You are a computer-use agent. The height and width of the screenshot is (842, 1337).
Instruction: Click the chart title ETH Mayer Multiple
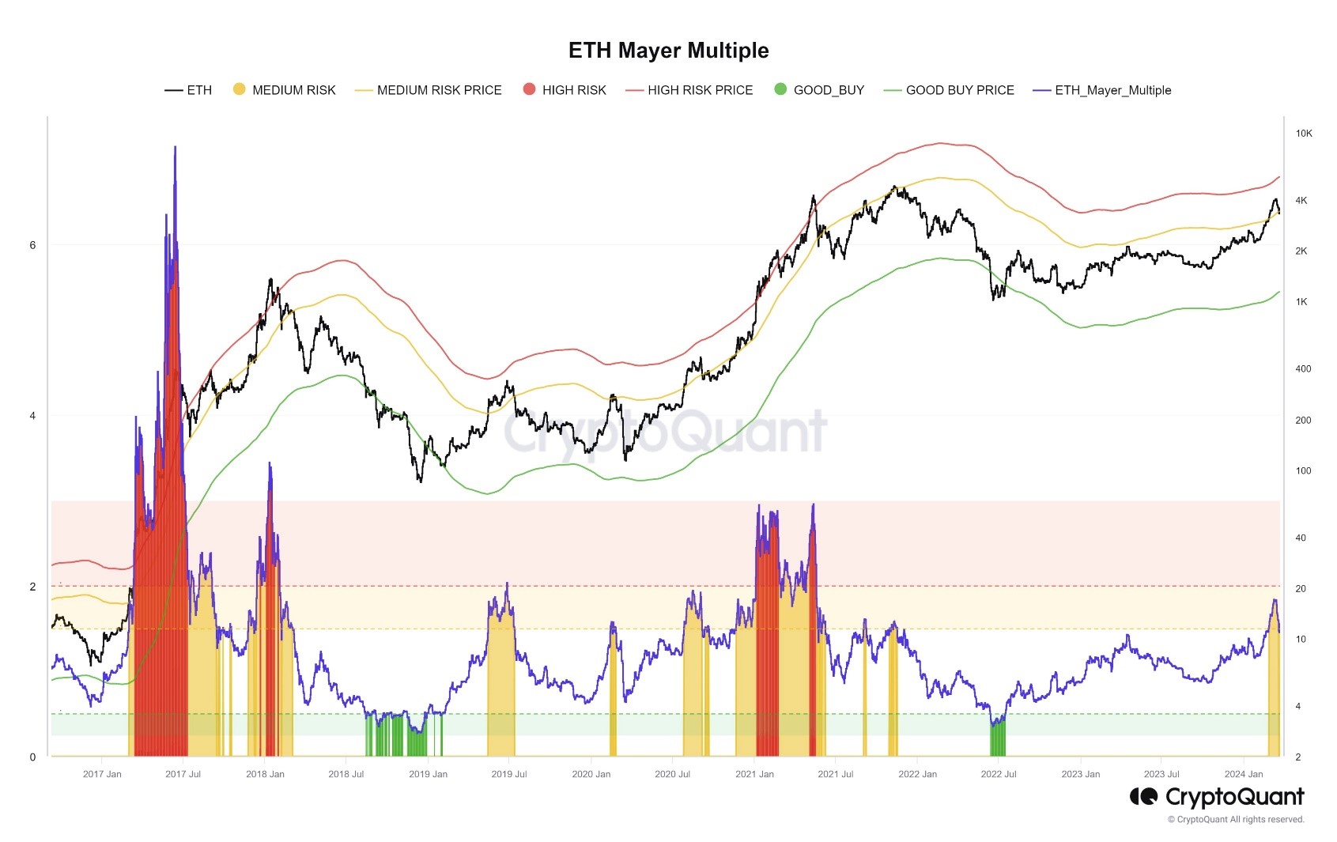pos(668,51)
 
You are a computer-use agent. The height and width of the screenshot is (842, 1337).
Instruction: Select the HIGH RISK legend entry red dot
pos(529,89)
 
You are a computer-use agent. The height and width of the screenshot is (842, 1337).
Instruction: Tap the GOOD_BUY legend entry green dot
pos(780,89)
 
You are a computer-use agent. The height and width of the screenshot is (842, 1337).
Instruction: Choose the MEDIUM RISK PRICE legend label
pos(439,90)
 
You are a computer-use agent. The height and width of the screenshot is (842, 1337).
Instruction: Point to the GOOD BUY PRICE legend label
pos(960,90)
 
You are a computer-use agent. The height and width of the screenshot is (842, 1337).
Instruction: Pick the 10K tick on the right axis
pos(1303,134)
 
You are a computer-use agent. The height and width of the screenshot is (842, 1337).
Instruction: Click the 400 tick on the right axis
pos(1302,368)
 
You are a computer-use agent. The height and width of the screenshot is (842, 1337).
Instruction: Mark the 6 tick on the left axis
pos(32,245)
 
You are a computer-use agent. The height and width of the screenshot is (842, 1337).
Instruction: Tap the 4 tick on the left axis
pos(32,416)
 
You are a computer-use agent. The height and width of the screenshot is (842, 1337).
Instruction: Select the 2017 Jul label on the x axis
pos(183,774)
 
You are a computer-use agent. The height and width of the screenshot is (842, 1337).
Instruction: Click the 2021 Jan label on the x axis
pos(754,774)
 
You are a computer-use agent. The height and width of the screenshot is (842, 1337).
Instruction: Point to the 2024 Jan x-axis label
pos(1244,774)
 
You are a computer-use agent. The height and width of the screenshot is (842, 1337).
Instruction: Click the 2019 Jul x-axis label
pos(509,774)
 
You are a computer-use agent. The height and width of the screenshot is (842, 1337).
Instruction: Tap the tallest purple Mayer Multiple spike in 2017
pos(175,149)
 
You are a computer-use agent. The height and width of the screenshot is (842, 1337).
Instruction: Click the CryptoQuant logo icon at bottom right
pos(1143,796)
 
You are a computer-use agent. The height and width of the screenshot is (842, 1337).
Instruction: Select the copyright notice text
pos(1236,819)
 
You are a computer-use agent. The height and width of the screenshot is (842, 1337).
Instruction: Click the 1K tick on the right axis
pos(1301,302)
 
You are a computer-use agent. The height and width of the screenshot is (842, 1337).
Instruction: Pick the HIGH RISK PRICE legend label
pos(700,90)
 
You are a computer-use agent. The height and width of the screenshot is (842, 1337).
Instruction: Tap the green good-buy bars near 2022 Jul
pos(998,737)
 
